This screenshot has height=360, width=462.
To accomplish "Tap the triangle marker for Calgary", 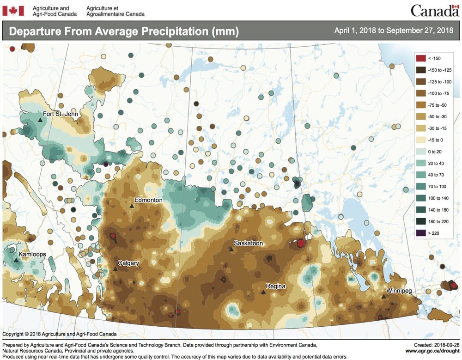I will point(115,269).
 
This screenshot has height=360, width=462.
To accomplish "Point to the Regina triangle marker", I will point(263,292).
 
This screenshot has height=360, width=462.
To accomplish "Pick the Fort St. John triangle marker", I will point(40,120).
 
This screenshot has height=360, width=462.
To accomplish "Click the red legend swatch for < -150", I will point(420,58).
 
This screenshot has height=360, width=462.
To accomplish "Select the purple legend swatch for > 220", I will point(420,233).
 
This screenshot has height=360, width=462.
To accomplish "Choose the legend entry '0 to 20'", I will point(435,152).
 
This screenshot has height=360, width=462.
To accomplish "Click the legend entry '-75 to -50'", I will point(437,105).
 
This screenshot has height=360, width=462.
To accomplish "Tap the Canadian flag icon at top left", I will point(13,11).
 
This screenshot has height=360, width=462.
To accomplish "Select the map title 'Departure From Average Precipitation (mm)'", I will point(124,31).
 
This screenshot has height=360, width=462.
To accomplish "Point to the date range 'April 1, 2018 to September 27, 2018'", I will point(394,31).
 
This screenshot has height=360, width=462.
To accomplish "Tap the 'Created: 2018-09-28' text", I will point(433,344).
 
